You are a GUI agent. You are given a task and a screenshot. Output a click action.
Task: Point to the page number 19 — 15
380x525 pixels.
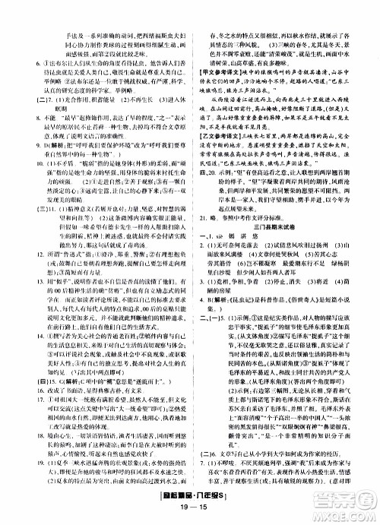pos(190,514)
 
